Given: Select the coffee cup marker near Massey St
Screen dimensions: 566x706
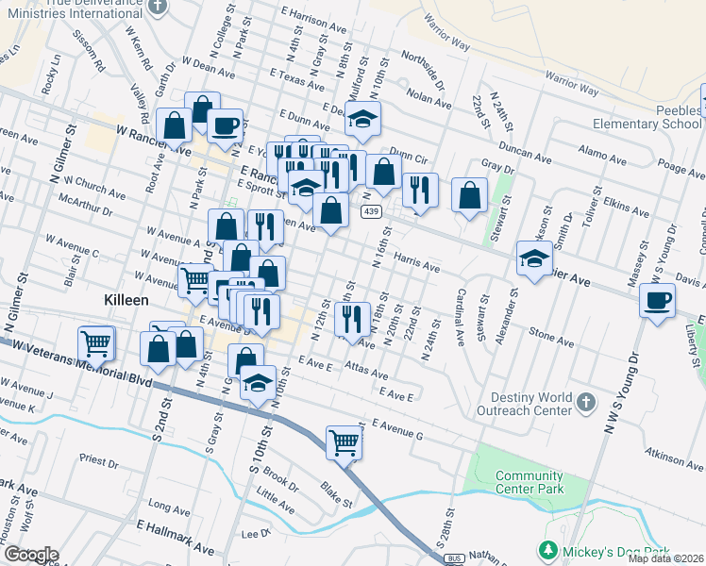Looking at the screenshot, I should pos(657,302).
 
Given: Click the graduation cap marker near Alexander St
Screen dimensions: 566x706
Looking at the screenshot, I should pos(534,258).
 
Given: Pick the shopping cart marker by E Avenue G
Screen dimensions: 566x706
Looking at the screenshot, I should pos(344,441).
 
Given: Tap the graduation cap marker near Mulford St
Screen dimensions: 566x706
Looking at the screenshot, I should pos(362,119).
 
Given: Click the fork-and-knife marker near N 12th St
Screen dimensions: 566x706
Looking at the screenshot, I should pos(352,319).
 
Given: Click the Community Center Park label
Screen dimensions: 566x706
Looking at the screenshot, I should pos(529,482).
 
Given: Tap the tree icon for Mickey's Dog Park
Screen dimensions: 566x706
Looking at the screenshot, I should pos(546,549).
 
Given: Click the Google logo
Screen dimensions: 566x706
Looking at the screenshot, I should pos(31,554).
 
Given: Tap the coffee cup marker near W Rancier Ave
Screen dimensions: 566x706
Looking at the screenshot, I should pos(226,125).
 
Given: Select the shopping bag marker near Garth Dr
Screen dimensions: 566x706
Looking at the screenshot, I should pos(176,125).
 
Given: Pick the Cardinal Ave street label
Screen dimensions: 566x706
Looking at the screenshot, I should pos(462,315).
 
